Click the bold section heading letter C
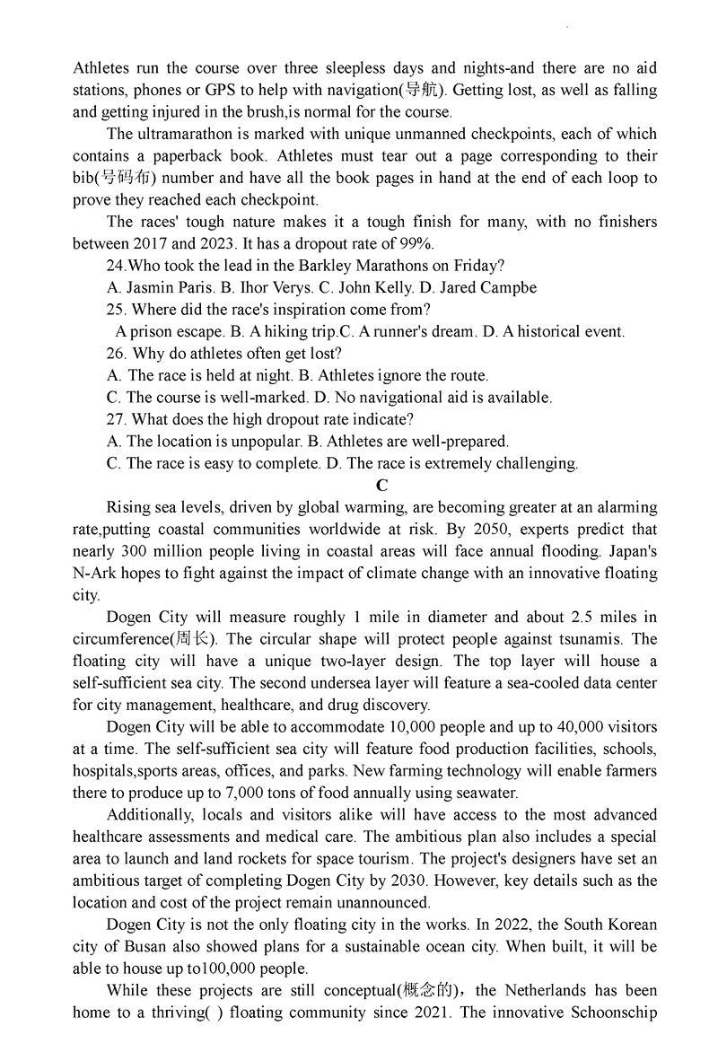click(381, 486)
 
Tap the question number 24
click(115, 266)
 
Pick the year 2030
click(415, 881)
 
